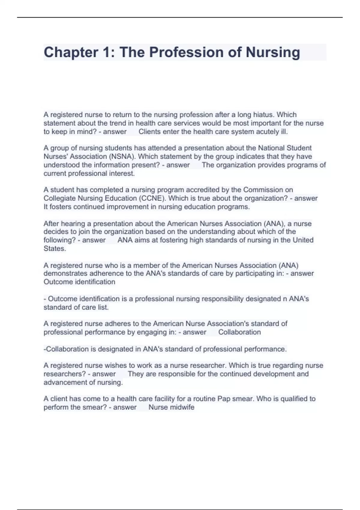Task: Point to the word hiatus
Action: tap(264, 115)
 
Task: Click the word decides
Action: tap(56, 232)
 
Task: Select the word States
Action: tap(55, 248)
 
